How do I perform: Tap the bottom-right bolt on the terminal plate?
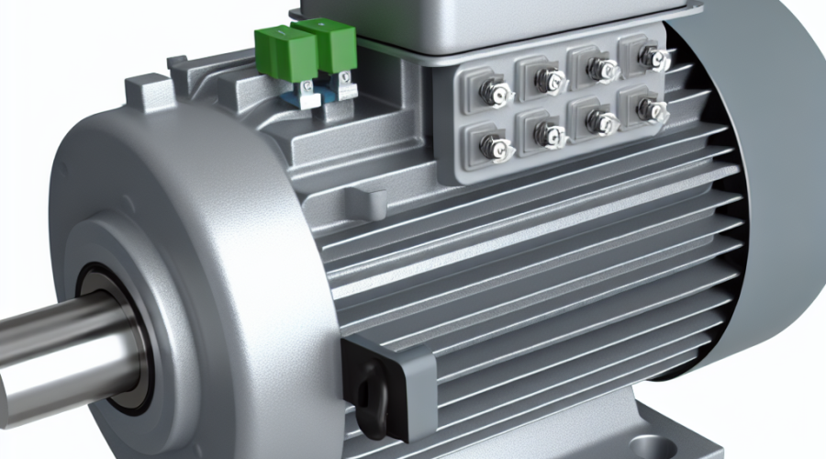pyautogui.click(x=653, y=110)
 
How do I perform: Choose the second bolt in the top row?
pyautogui.click(x=549, y=81)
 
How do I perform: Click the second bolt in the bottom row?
pyautogui.click(x=549, y=135)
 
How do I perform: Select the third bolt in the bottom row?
pyautogui.click(x=601, y=121)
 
